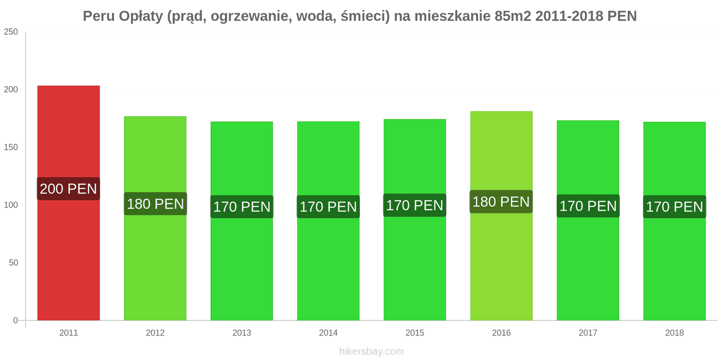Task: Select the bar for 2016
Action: point(501,261)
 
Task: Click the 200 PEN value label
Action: point(68,189)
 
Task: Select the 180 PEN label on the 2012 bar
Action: point(155,204)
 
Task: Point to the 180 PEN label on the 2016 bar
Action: point(501,202)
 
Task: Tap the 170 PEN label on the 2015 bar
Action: point(415,206)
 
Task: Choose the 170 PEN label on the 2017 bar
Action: point(588,206)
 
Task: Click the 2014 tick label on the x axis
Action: point(328,333)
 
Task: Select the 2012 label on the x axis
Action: point(155,333)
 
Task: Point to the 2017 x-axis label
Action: point(588,333)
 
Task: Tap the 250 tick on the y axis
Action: point(11,32)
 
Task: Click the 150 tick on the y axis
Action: point(11,147)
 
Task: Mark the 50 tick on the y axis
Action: point(13,263)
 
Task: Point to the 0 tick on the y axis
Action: point(15,320)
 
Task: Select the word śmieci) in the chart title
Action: point(365,16)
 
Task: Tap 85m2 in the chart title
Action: point(513,16)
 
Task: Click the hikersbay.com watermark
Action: point(371,351)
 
